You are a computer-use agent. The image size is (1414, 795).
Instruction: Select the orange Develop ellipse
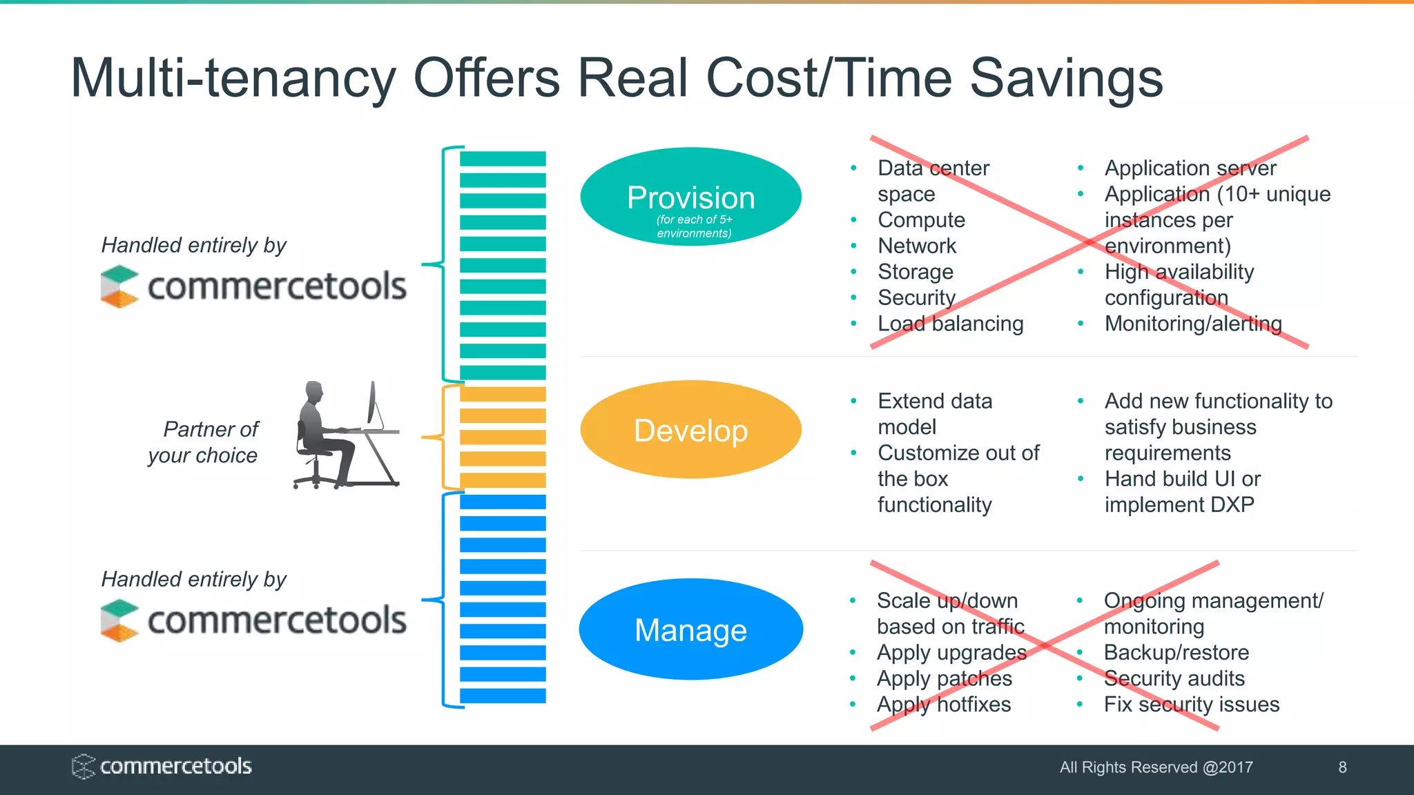point(690,430)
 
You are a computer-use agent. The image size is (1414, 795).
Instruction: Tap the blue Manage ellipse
point(690,629)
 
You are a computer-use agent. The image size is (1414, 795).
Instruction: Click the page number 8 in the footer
point(1342,767)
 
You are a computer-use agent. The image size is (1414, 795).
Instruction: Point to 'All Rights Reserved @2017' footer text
point(1156,767)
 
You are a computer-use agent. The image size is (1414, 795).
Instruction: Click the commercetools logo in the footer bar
point(162,766)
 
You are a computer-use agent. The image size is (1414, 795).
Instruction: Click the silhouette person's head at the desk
point(315,393)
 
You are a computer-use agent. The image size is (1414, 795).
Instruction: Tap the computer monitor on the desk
point(374,404)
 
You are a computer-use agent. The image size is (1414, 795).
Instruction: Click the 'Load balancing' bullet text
point(950,324)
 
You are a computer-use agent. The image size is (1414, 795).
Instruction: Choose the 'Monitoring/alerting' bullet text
point(1193,324)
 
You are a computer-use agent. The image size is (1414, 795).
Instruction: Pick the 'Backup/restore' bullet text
point(1176,652)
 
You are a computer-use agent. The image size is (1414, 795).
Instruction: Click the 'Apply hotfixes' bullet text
point(944,704)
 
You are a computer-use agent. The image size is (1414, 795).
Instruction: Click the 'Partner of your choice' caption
point(204,442)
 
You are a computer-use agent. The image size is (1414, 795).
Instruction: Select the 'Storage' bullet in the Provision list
point(916,272)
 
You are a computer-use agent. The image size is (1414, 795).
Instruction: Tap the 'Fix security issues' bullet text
point(1191,704)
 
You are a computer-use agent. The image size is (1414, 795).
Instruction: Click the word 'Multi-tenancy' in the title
point(233,77)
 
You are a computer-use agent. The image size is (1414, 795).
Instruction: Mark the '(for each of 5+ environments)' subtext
point(694,226)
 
